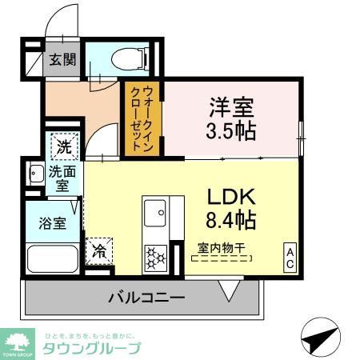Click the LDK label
231,197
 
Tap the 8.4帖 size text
231,218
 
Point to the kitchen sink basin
154,213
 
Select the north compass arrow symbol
321,337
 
